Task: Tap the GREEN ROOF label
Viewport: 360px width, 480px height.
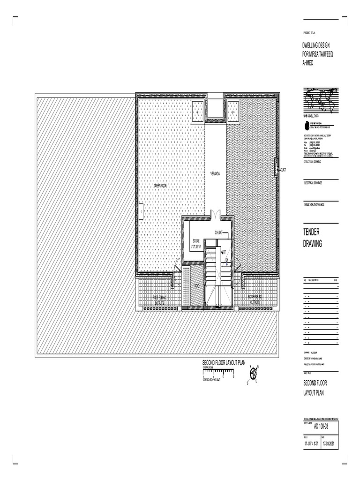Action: coord(160,186)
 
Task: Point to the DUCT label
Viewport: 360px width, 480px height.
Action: coord(283,170)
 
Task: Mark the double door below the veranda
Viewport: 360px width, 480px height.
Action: coord(215,215)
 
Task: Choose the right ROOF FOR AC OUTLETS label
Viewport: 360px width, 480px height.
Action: coord(257,300)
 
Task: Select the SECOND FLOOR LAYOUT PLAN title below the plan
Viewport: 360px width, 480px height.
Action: coord(224,363)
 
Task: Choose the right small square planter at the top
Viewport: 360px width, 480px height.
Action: coord(234,112)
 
